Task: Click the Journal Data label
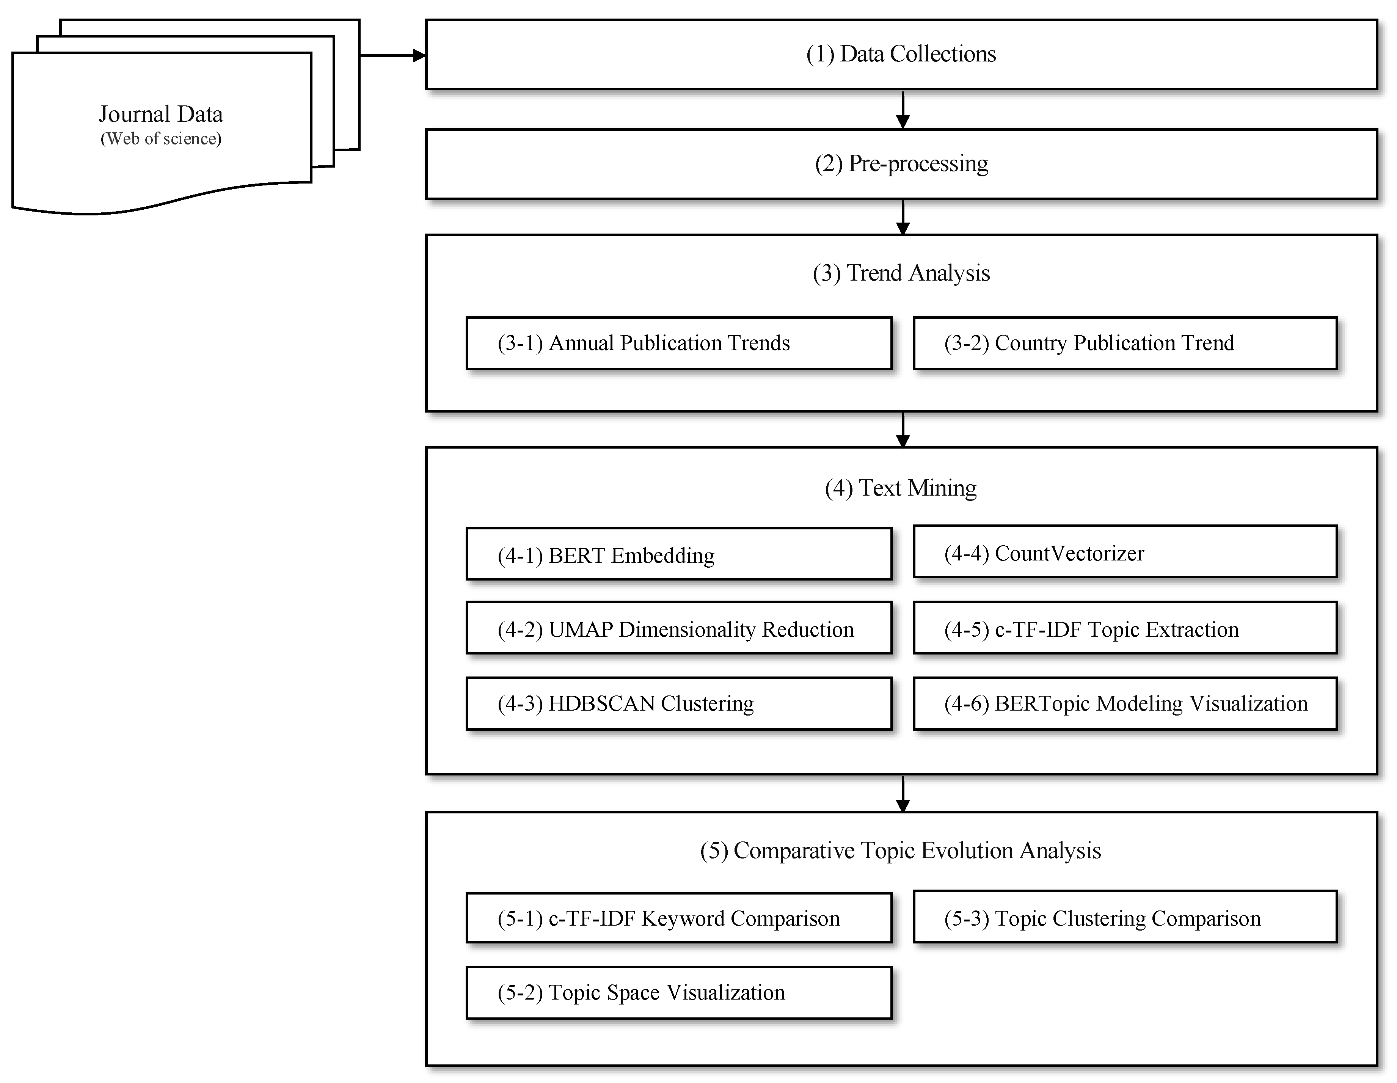(160, 114)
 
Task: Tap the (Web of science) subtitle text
(160, 139)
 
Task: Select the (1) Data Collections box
(901, 54)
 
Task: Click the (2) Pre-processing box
(901, 164)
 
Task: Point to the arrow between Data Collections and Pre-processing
(903, 110)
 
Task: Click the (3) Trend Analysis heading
(901, 273)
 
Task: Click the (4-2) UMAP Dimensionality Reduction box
(679, 629)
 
